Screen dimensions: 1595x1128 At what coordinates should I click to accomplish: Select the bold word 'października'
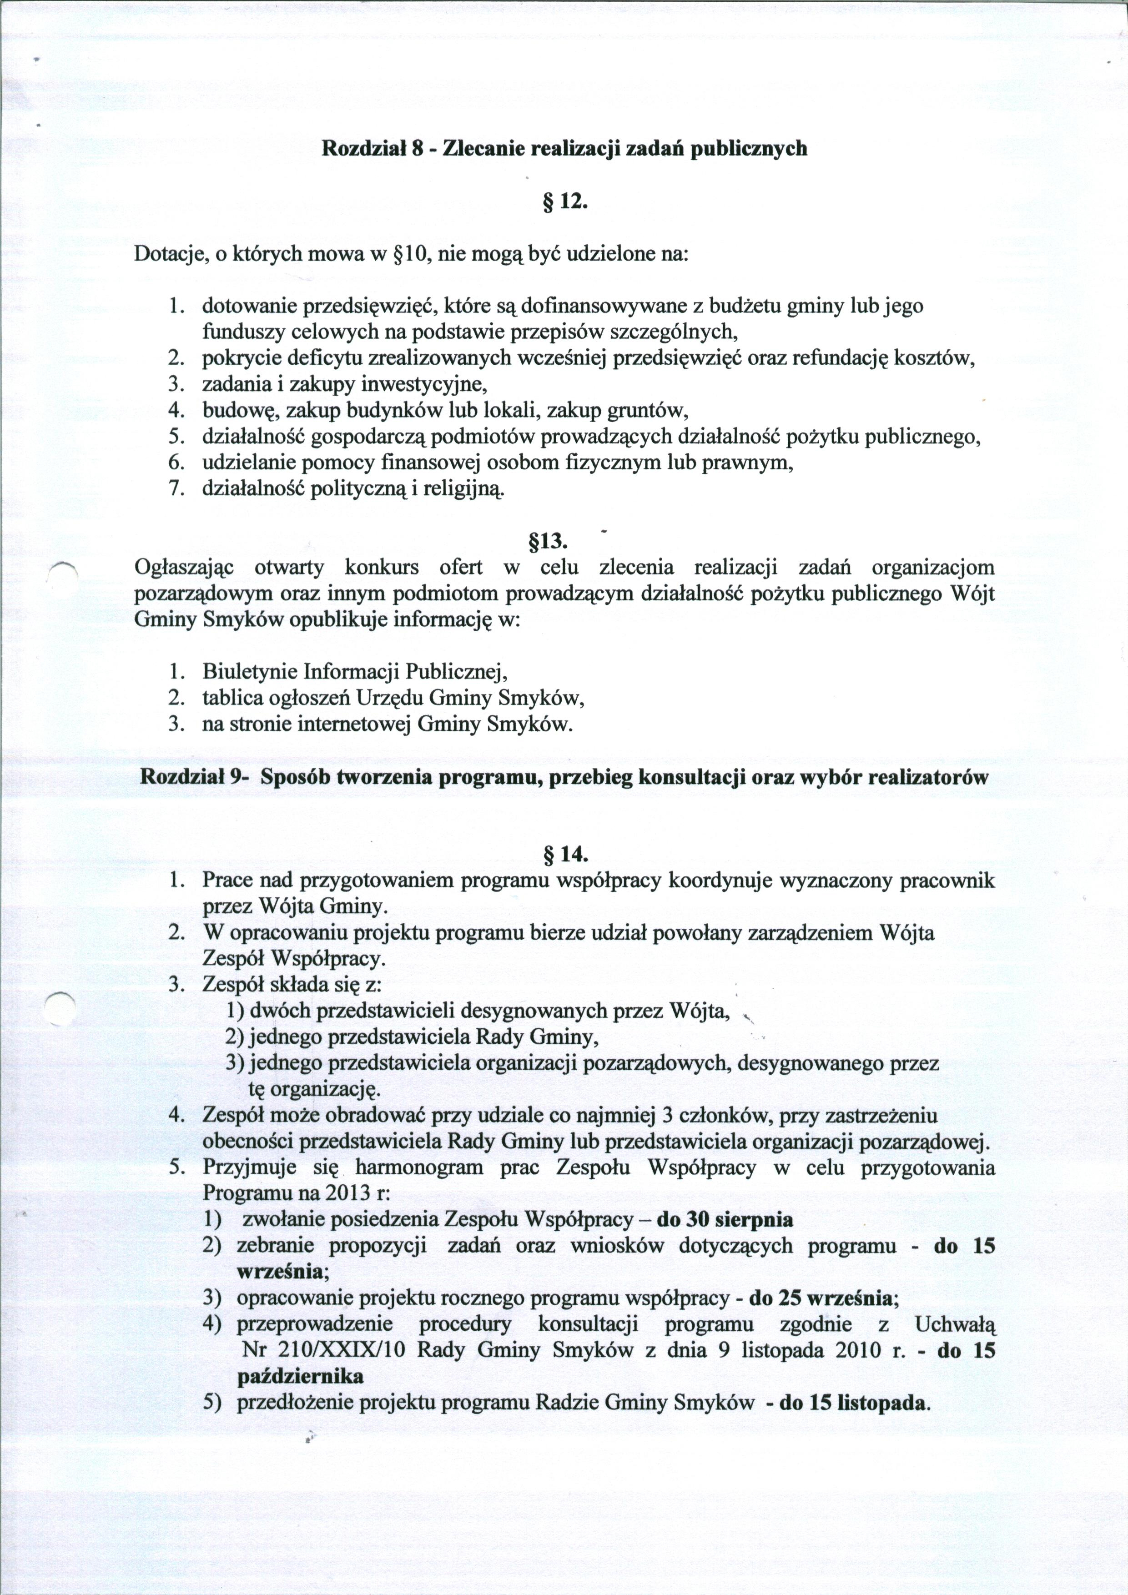[x=300, y=1376]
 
